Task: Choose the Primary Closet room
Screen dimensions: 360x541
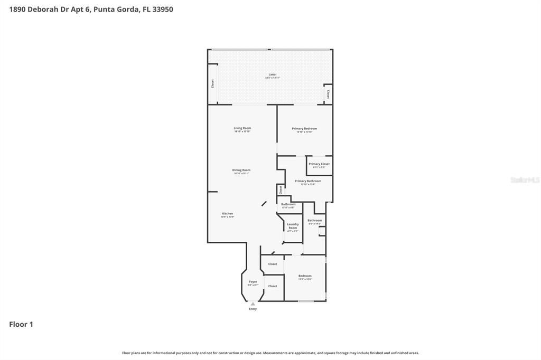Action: [x=319, y=165]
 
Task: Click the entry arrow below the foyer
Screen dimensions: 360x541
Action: [x=253, y=304]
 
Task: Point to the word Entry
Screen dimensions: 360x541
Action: [x=253, y=309]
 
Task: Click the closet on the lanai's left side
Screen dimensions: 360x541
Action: [x=212, y=83]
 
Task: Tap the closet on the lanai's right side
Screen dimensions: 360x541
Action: [x=328, y=94]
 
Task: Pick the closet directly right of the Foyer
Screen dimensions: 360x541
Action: [x=273, y=286]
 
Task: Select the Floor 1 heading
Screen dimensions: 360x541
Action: [x=21, y=325]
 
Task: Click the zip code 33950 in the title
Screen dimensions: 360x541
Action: [x=163, y=10]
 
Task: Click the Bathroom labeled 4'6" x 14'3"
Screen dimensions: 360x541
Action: [x=315, y=222]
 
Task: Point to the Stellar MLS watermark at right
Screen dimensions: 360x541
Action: [x=525, y=180]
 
